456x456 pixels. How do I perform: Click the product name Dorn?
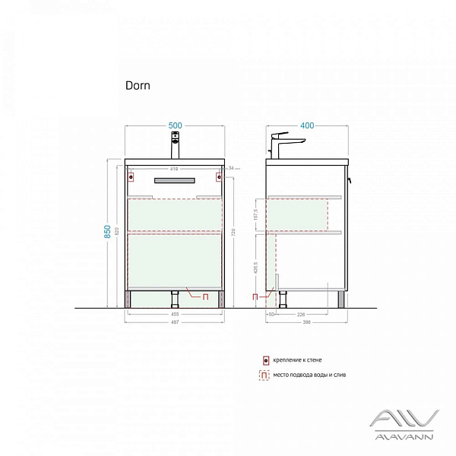click(x=138, y=86)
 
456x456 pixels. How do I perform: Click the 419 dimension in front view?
click(x=174, y=169)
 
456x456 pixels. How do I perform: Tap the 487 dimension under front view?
click(x=176, y=321)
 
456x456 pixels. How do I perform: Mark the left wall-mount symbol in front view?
click(x=132, y=179)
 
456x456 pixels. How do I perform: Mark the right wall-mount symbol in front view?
click(x=218, y=179)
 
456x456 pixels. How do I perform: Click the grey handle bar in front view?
click(x=176, y=179)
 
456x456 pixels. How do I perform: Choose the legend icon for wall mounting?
click(x=265, y=360)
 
